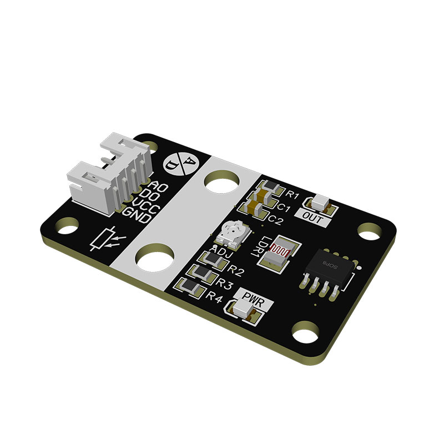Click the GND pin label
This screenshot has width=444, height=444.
(x=136, y=215)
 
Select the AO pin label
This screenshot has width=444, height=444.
(x=158, y=186)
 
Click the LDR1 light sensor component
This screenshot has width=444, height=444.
(x=279, y=254)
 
